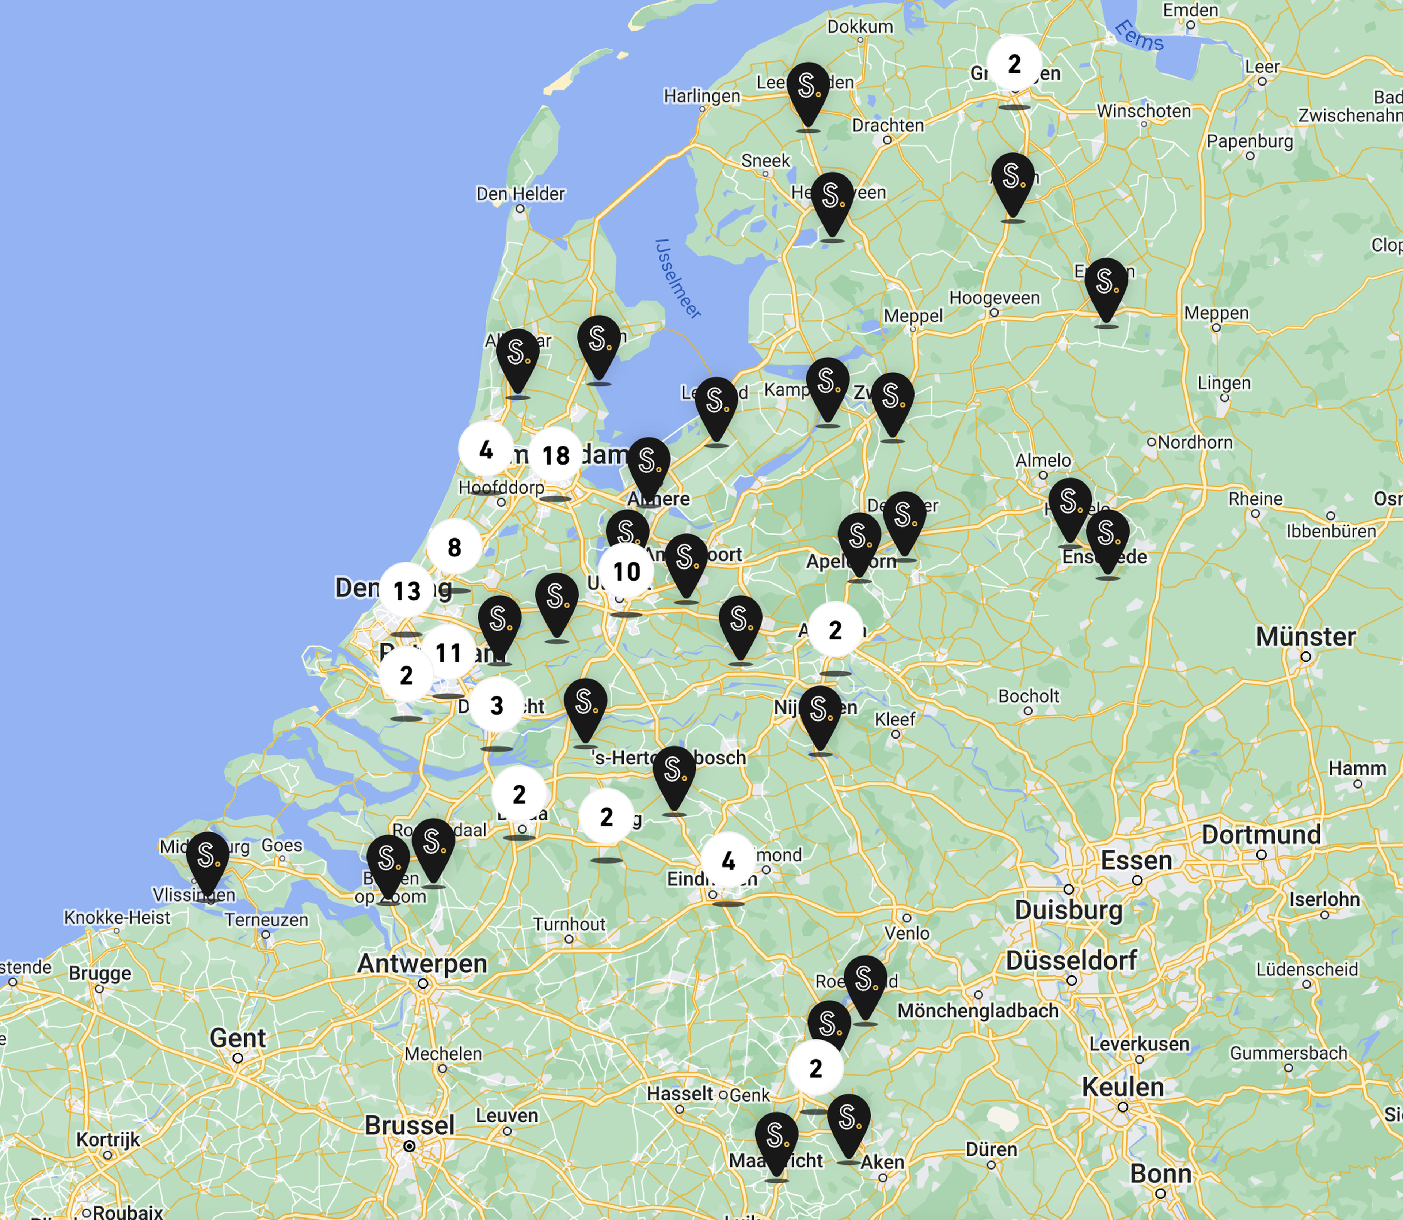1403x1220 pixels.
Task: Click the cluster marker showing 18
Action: pos(555,455)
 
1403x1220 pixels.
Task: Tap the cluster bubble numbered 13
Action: pos(406,590)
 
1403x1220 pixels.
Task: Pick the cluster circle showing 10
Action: pos(626,571)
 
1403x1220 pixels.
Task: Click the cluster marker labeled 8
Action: pos(454,547)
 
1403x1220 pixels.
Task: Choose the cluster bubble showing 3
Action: pos(497,705)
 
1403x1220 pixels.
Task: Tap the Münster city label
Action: pos(1305,637)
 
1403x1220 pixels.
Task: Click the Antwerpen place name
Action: pos(422,963)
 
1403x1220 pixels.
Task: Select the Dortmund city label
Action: pos(1261,835)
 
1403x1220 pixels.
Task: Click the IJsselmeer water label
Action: pos(677,279)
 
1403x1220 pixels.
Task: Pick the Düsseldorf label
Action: pos(1071,961)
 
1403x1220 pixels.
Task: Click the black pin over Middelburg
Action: pos(207,859)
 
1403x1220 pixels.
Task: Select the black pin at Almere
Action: pos(648,465)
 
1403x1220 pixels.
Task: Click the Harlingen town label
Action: pos(701,96)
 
